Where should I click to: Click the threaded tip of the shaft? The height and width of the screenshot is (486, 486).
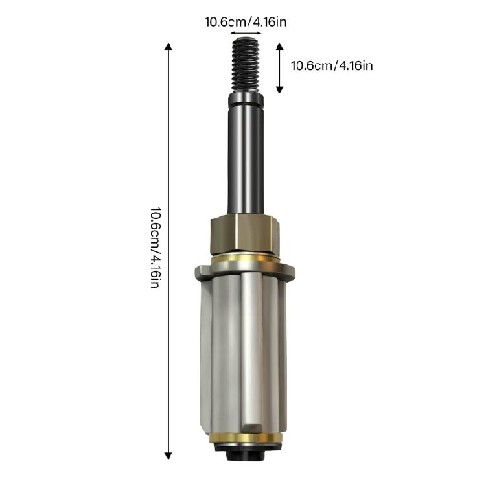pyautogui.click(x=246, y=65)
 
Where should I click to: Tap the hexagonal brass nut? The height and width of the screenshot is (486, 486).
pyautogui.click(x=245, y=234)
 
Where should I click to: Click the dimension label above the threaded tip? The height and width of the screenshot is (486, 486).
pyautogui.click(x=246, y=22)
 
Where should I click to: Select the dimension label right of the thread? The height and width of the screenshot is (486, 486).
pyautogui.click(x=332, y=65)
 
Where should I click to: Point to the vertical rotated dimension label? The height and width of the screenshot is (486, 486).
pyautogui.click(x=155, y=248)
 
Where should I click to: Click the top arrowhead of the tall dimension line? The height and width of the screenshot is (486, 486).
pyautogui.click(x=168, y=47)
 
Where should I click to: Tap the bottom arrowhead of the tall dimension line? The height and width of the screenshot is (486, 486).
pyautogui.click(x=168, y=456)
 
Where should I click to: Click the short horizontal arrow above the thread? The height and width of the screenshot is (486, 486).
pyautogui.click(x=246, y=33)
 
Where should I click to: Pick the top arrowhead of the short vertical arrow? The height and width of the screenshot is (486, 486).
pyautogui.click(x=279, y=47)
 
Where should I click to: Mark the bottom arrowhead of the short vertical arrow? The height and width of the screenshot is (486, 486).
pyautogui.click(x=279, y=89)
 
